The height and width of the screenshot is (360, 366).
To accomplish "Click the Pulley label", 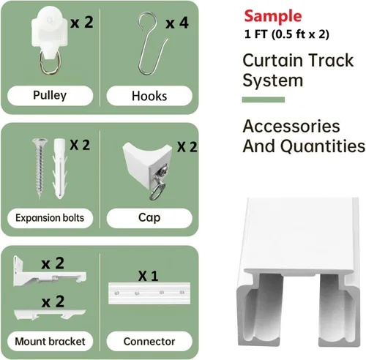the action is pos(50,95).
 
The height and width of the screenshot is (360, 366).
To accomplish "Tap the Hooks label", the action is pos(149,96).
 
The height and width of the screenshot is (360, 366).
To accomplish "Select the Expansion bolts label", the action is pos(50,218).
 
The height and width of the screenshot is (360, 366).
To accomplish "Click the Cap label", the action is pos(149,217).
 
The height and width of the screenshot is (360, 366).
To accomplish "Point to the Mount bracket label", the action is pos(50,341).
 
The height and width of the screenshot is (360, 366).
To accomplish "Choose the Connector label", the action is pos(149,341).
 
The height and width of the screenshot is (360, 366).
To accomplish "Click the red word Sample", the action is pos(273,16).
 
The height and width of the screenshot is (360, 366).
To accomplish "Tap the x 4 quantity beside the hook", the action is pos(177,23).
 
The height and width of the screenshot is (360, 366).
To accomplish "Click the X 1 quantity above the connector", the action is pos(149,276).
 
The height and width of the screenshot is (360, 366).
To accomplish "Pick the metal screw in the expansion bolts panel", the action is pos(40,168).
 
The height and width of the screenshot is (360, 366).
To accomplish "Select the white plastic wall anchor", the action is pos(59,168).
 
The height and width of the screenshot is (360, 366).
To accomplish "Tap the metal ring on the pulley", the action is pos(51,62).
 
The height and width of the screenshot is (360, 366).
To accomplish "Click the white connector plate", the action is pos(149,293).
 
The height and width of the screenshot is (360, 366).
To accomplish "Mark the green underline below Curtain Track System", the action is pos(264,100).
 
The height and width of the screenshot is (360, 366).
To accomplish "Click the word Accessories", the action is pos(291,126).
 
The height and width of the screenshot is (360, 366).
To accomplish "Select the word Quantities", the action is pos(323,146).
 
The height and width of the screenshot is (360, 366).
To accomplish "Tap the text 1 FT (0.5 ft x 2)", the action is pos(287,34).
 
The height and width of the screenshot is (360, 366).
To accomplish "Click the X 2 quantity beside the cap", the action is pos(187,147).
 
